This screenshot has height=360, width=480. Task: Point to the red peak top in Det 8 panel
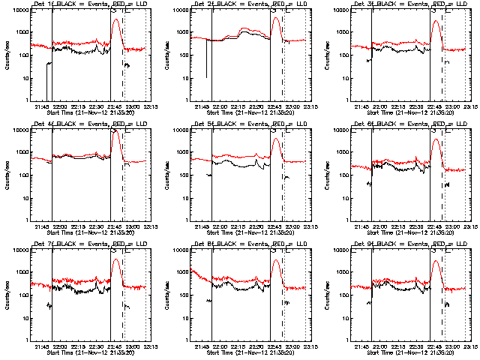pyautogui.click(x=276, y=261)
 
